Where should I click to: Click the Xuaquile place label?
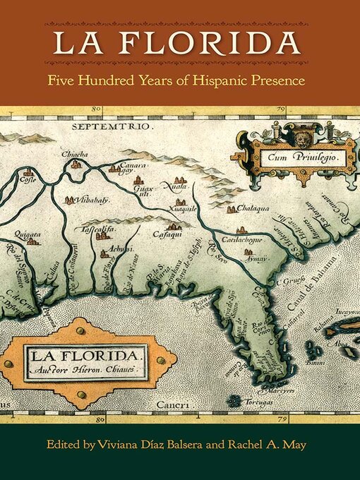click(182, 201)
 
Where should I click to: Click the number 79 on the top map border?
click(280, 110)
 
